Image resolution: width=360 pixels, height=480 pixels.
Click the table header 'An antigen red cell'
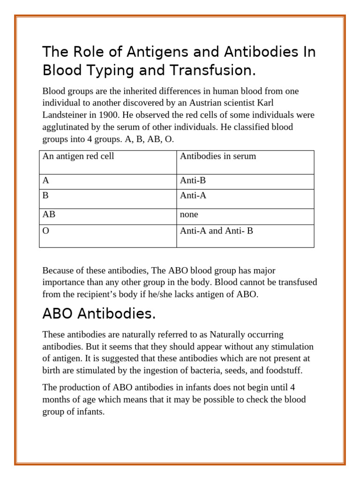(78, 156)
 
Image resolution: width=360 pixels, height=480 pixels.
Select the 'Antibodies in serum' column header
(218, 156)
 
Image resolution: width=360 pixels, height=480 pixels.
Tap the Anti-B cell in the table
(193, 180)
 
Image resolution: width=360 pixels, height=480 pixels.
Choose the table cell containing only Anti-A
(193, 195)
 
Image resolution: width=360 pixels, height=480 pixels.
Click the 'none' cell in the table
(189, 214)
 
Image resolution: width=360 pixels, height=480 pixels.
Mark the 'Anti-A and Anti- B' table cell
(216, 231)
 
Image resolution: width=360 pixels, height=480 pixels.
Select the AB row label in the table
(49, 214)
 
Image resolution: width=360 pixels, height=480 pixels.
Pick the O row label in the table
(45, 231)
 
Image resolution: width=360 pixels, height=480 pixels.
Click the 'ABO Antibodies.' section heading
(99, 314)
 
